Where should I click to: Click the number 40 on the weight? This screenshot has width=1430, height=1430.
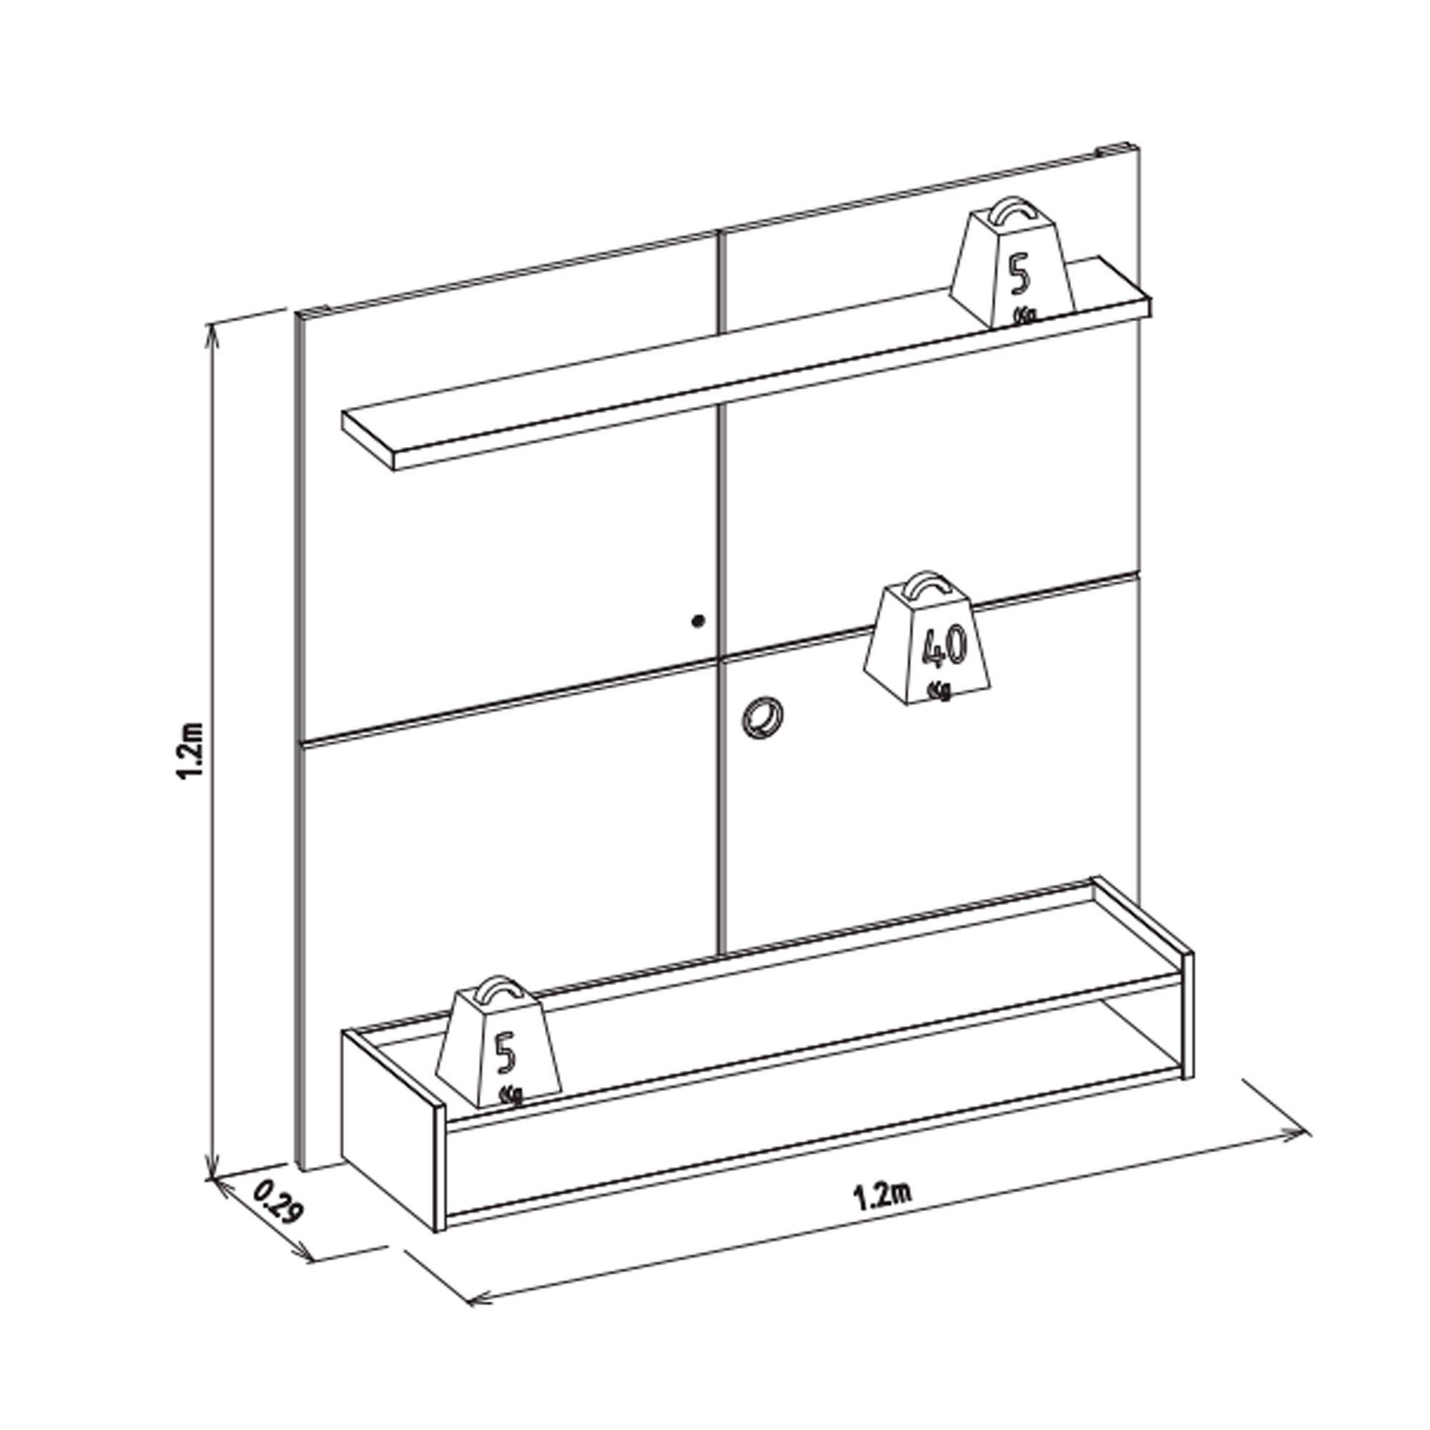pyautogui.click(x=943, y=646)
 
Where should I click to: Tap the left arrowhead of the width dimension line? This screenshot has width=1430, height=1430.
pyautogui.click(x=480, y=1317)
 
